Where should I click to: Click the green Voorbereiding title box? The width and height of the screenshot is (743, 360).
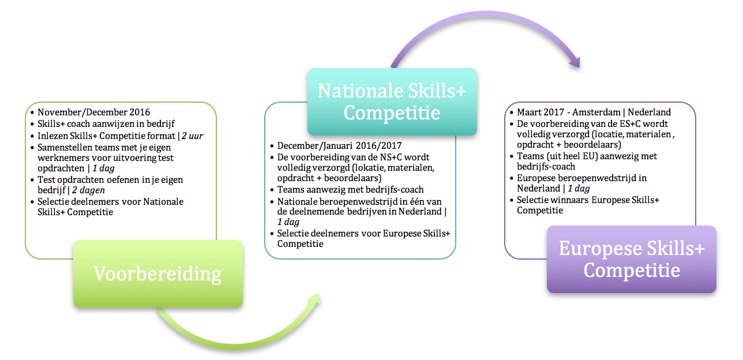click(x=158, y=273)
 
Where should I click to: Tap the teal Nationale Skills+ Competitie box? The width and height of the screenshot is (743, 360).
click(x=392, y=102)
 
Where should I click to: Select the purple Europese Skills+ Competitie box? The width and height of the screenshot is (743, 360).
click(x=632, y=259)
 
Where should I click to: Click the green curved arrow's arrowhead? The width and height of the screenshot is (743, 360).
click(x=314, y=299)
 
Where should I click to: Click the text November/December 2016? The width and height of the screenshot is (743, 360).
click(x=93, y=112)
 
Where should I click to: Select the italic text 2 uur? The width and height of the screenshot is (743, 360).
click(x=193, y=136)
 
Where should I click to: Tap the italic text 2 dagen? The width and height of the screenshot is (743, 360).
click(x=88, y=190)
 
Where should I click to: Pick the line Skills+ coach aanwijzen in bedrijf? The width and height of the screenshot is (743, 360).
click(x=106, y=124)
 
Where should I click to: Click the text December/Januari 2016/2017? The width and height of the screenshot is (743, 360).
click(x=339, y=145)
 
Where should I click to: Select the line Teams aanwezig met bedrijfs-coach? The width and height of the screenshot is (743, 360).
click(x=350, y=189)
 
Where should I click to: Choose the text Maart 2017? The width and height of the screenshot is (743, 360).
click(x=541, y=112)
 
